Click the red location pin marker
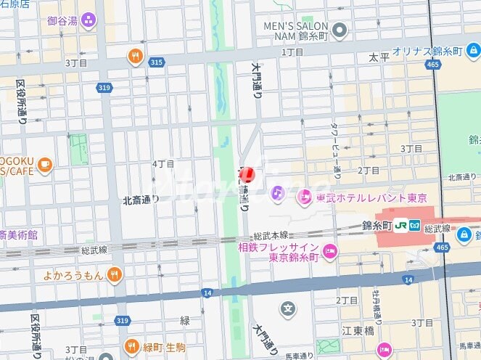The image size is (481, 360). point(247,175)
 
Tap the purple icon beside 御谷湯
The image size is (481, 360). point(89,20)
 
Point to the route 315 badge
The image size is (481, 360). point(155,63)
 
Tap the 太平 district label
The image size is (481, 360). point(379,56)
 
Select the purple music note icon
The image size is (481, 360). point(277,193)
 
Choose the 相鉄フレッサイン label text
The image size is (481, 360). point(278,248)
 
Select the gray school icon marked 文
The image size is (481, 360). point(289,308)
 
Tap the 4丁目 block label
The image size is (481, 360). point(163,164)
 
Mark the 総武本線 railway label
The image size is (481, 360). point(271,236)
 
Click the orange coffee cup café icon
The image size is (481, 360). point(45,165)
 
